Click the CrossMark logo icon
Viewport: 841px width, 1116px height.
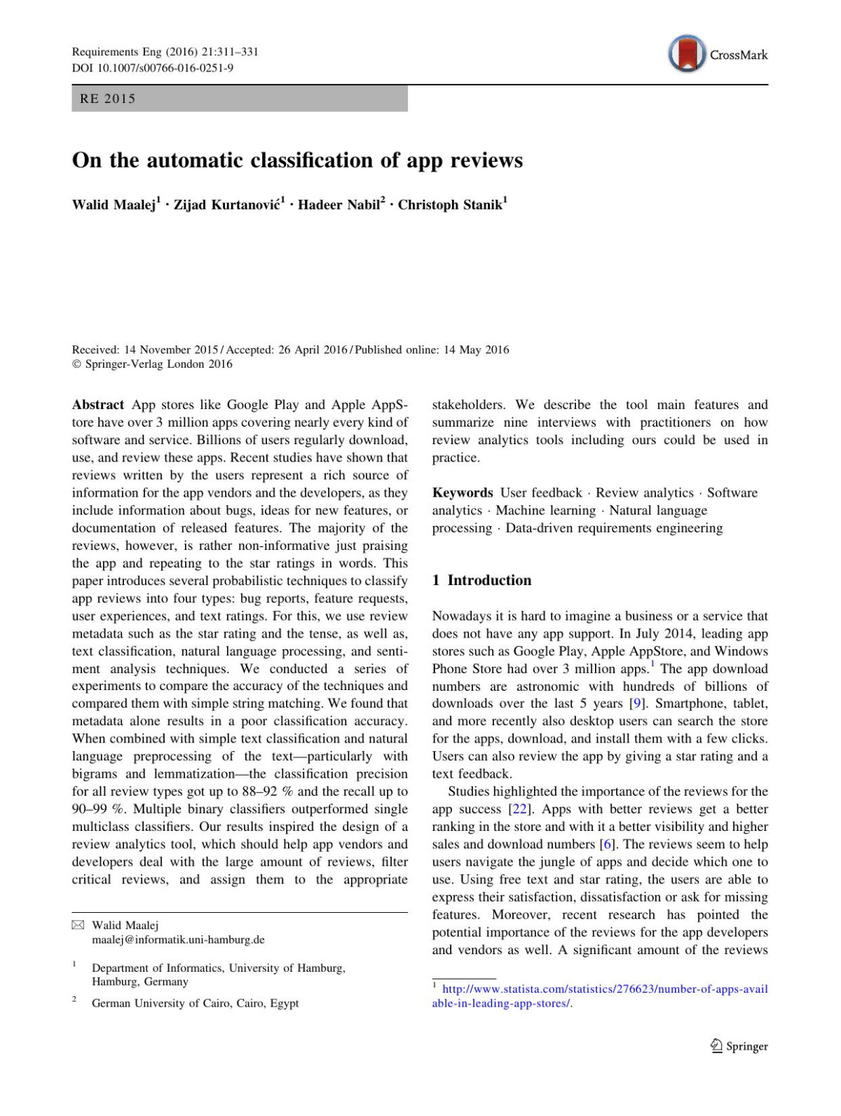(687, 54)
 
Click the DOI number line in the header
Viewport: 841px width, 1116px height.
(153, 68)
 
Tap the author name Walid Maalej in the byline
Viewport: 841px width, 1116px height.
(114, 205)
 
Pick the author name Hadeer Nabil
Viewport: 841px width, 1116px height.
(339, 205)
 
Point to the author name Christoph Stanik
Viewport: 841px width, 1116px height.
(450, 205)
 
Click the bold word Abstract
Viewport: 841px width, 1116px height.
(98, 405)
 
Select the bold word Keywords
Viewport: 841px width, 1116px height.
(463, 493)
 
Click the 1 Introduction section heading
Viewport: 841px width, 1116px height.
(482, 580)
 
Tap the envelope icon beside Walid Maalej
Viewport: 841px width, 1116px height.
(78, 925)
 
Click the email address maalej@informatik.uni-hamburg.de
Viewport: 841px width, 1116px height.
(178, 940)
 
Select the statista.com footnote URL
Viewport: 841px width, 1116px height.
(600, 996)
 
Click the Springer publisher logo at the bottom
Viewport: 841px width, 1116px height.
(739, 1046)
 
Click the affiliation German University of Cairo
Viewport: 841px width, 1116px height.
(195, 1003)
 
